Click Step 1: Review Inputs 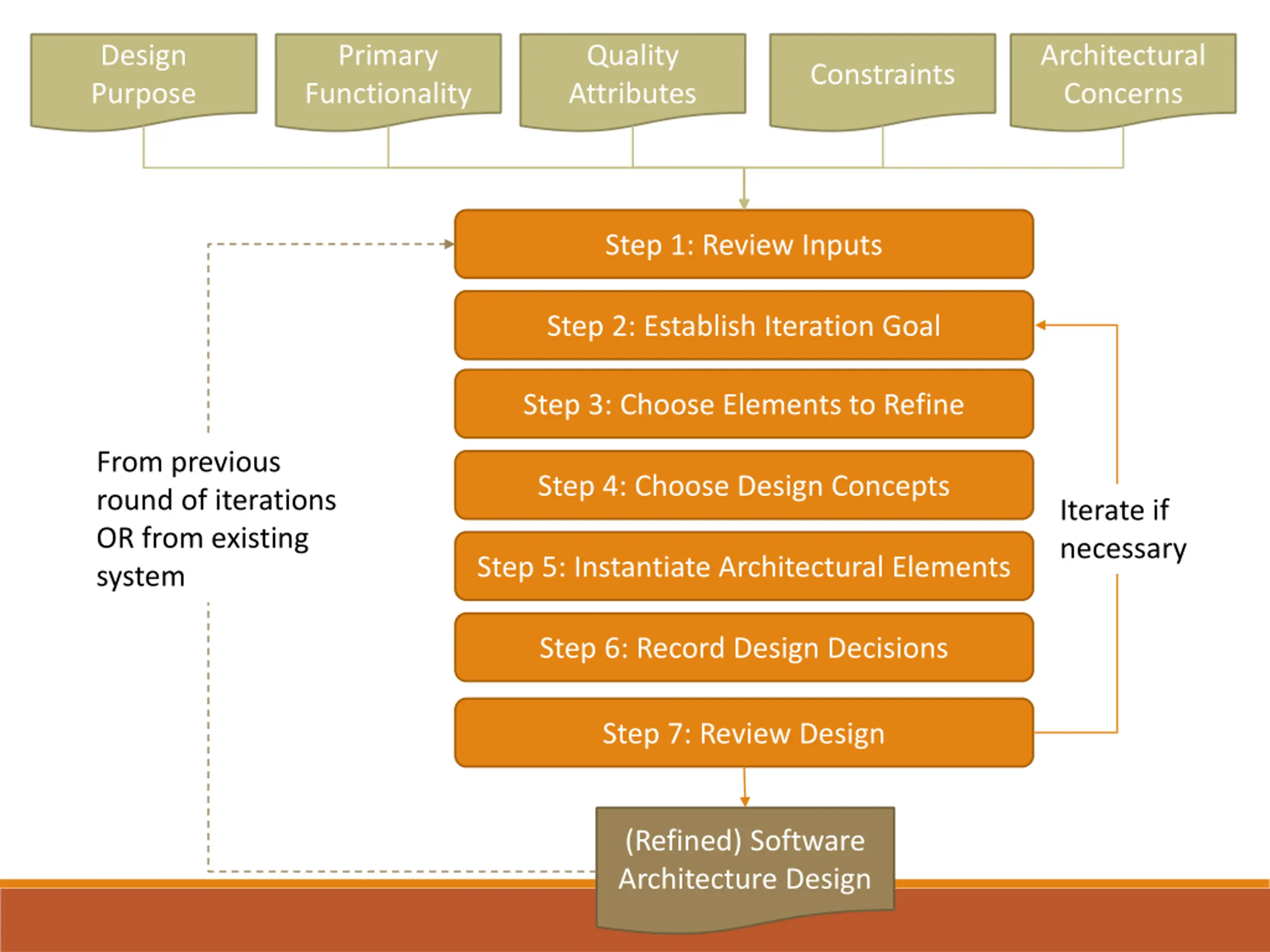pos(744,244)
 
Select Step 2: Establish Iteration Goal pos(744,325)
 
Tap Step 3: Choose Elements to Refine pos(744,404)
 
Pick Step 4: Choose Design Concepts pos(744,485)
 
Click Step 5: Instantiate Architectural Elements pos(744,566)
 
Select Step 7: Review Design pos(744,733)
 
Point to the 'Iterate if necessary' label pos(1123,529)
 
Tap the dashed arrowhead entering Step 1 pos(449,244)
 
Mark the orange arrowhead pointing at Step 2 pos(1041,325)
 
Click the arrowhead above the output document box pos(745,802)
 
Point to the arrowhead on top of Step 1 pos(744,204)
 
